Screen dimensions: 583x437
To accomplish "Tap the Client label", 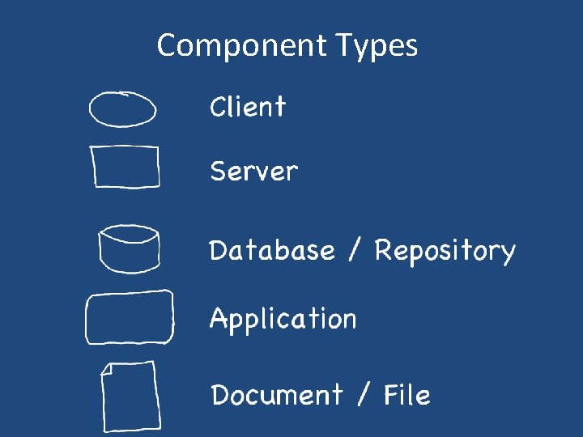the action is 248,107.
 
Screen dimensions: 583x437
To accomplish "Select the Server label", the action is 253,172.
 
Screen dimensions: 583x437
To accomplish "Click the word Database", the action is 272,250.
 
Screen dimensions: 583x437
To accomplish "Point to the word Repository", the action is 445,252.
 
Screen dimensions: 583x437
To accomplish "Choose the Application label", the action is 283,320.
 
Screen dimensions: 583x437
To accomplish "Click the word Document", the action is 277,396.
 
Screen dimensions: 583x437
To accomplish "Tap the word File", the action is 406,395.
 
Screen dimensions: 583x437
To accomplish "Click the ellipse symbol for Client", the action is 122,109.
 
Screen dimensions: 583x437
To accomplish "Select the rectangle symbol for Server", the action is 126,167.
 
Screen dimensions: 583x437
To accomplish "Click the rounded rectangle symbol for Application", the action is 130,317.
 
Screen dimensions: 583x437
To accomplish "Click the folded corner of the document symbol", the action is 108,371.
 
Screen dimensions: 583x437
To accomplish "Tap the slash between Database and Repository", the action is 354,250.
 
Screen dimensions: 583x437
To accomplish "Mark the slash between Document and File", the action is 362,396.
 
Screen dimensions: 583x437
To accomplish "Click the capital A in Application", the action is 219,318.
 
